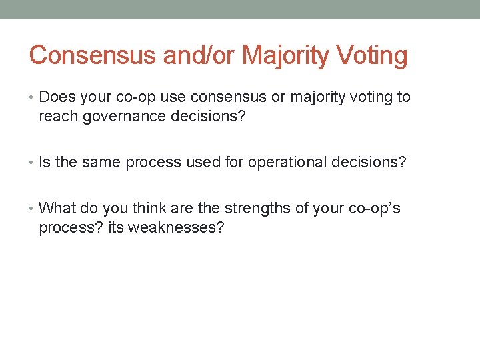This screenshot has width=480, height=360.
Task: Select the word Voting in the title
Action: click(x=374, y=55)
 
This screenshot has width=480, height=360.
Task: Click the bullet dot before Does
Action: click(x=33, y=97)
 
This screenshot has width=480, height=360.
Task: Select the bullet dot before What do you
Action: click(x=33, y=209)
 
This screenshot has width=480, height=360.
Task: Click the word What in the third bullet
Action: click(x=57, y=208)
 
